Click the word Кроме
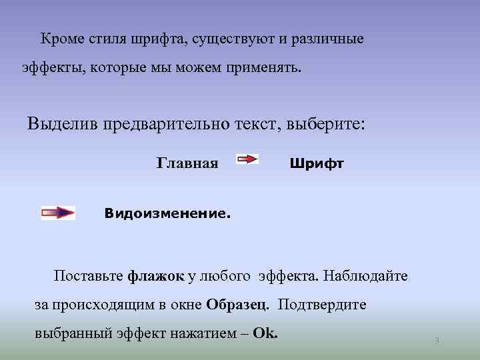pyautogui.click(x=62, y=39)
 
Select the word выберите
pyautogui.click(x=327, y=124)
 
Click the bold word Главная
pyautogui.click(x=187, y=163)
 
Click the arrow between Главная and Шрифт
pyautogui.click(x=248, y=160)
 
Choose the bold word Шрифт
pyautogui.click(x=317, y=163)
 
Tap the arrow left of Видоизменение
pyautogui.click(x=58, y=213)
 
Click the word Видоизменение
pyautogui.click(x=167, y=215)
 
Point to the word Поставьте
pyautogui.click(x=89, y=276)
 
